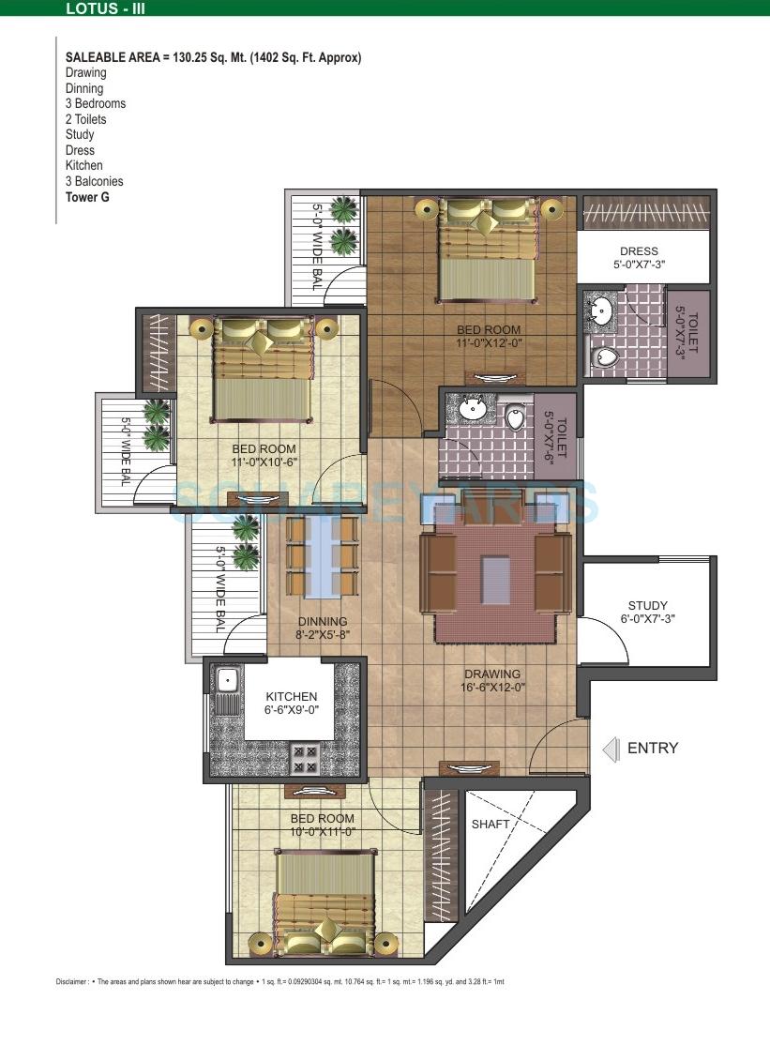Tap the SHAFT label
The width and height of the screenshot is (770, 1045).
491,824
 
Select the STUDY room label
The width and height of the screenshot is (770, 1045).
648,606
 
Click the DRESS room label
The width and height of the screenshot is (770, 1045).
639,251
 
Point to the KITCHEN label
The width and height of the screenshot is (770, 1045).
291,697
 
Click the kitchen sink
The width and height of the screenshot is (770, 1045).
226,679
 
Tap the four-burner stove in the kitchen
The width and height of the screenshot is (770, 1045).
306,758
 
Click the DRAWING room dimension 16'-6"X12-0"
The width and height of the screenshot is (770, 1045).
492,687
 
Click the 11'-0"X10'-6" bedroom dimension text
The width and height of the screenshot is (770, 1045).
264,462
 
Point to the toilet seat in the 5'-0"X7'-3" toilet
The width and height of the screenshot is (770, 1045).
606,356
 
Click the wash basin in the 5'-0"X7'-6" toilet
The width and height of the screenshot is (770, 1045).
472,408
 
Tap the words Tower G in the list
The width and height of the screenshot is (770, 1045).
86,197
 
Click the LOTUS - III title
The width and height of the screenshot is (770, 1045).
106,10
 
